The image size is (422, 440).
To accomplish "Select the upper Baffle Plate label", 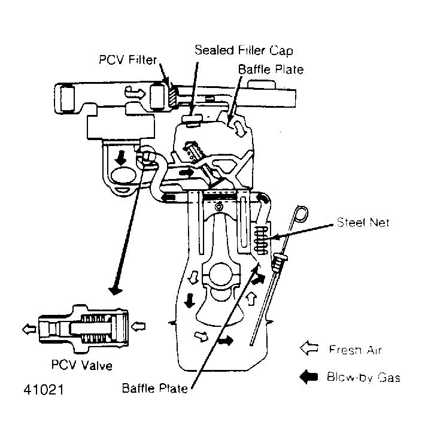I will click(x=271, y=69).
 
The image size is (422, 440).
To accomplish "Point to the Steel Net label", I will click(x=363, y=223).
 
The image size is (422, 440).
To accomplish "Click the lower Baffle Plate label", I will click(x=154, y=389).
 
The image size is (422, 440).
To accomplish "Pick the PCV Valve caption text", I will click(x=82, y=364).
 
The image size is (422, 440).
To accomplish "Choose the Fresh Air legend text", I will click(x=354, y=350).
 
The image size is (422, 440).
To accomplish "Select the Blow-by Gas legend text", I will click(x=363, y=377).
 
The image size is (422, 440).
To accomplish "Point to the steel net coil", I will click(x=259, y=239).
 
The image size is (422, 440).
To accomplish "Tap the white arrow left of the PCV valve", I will click(x=27, y=327).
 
